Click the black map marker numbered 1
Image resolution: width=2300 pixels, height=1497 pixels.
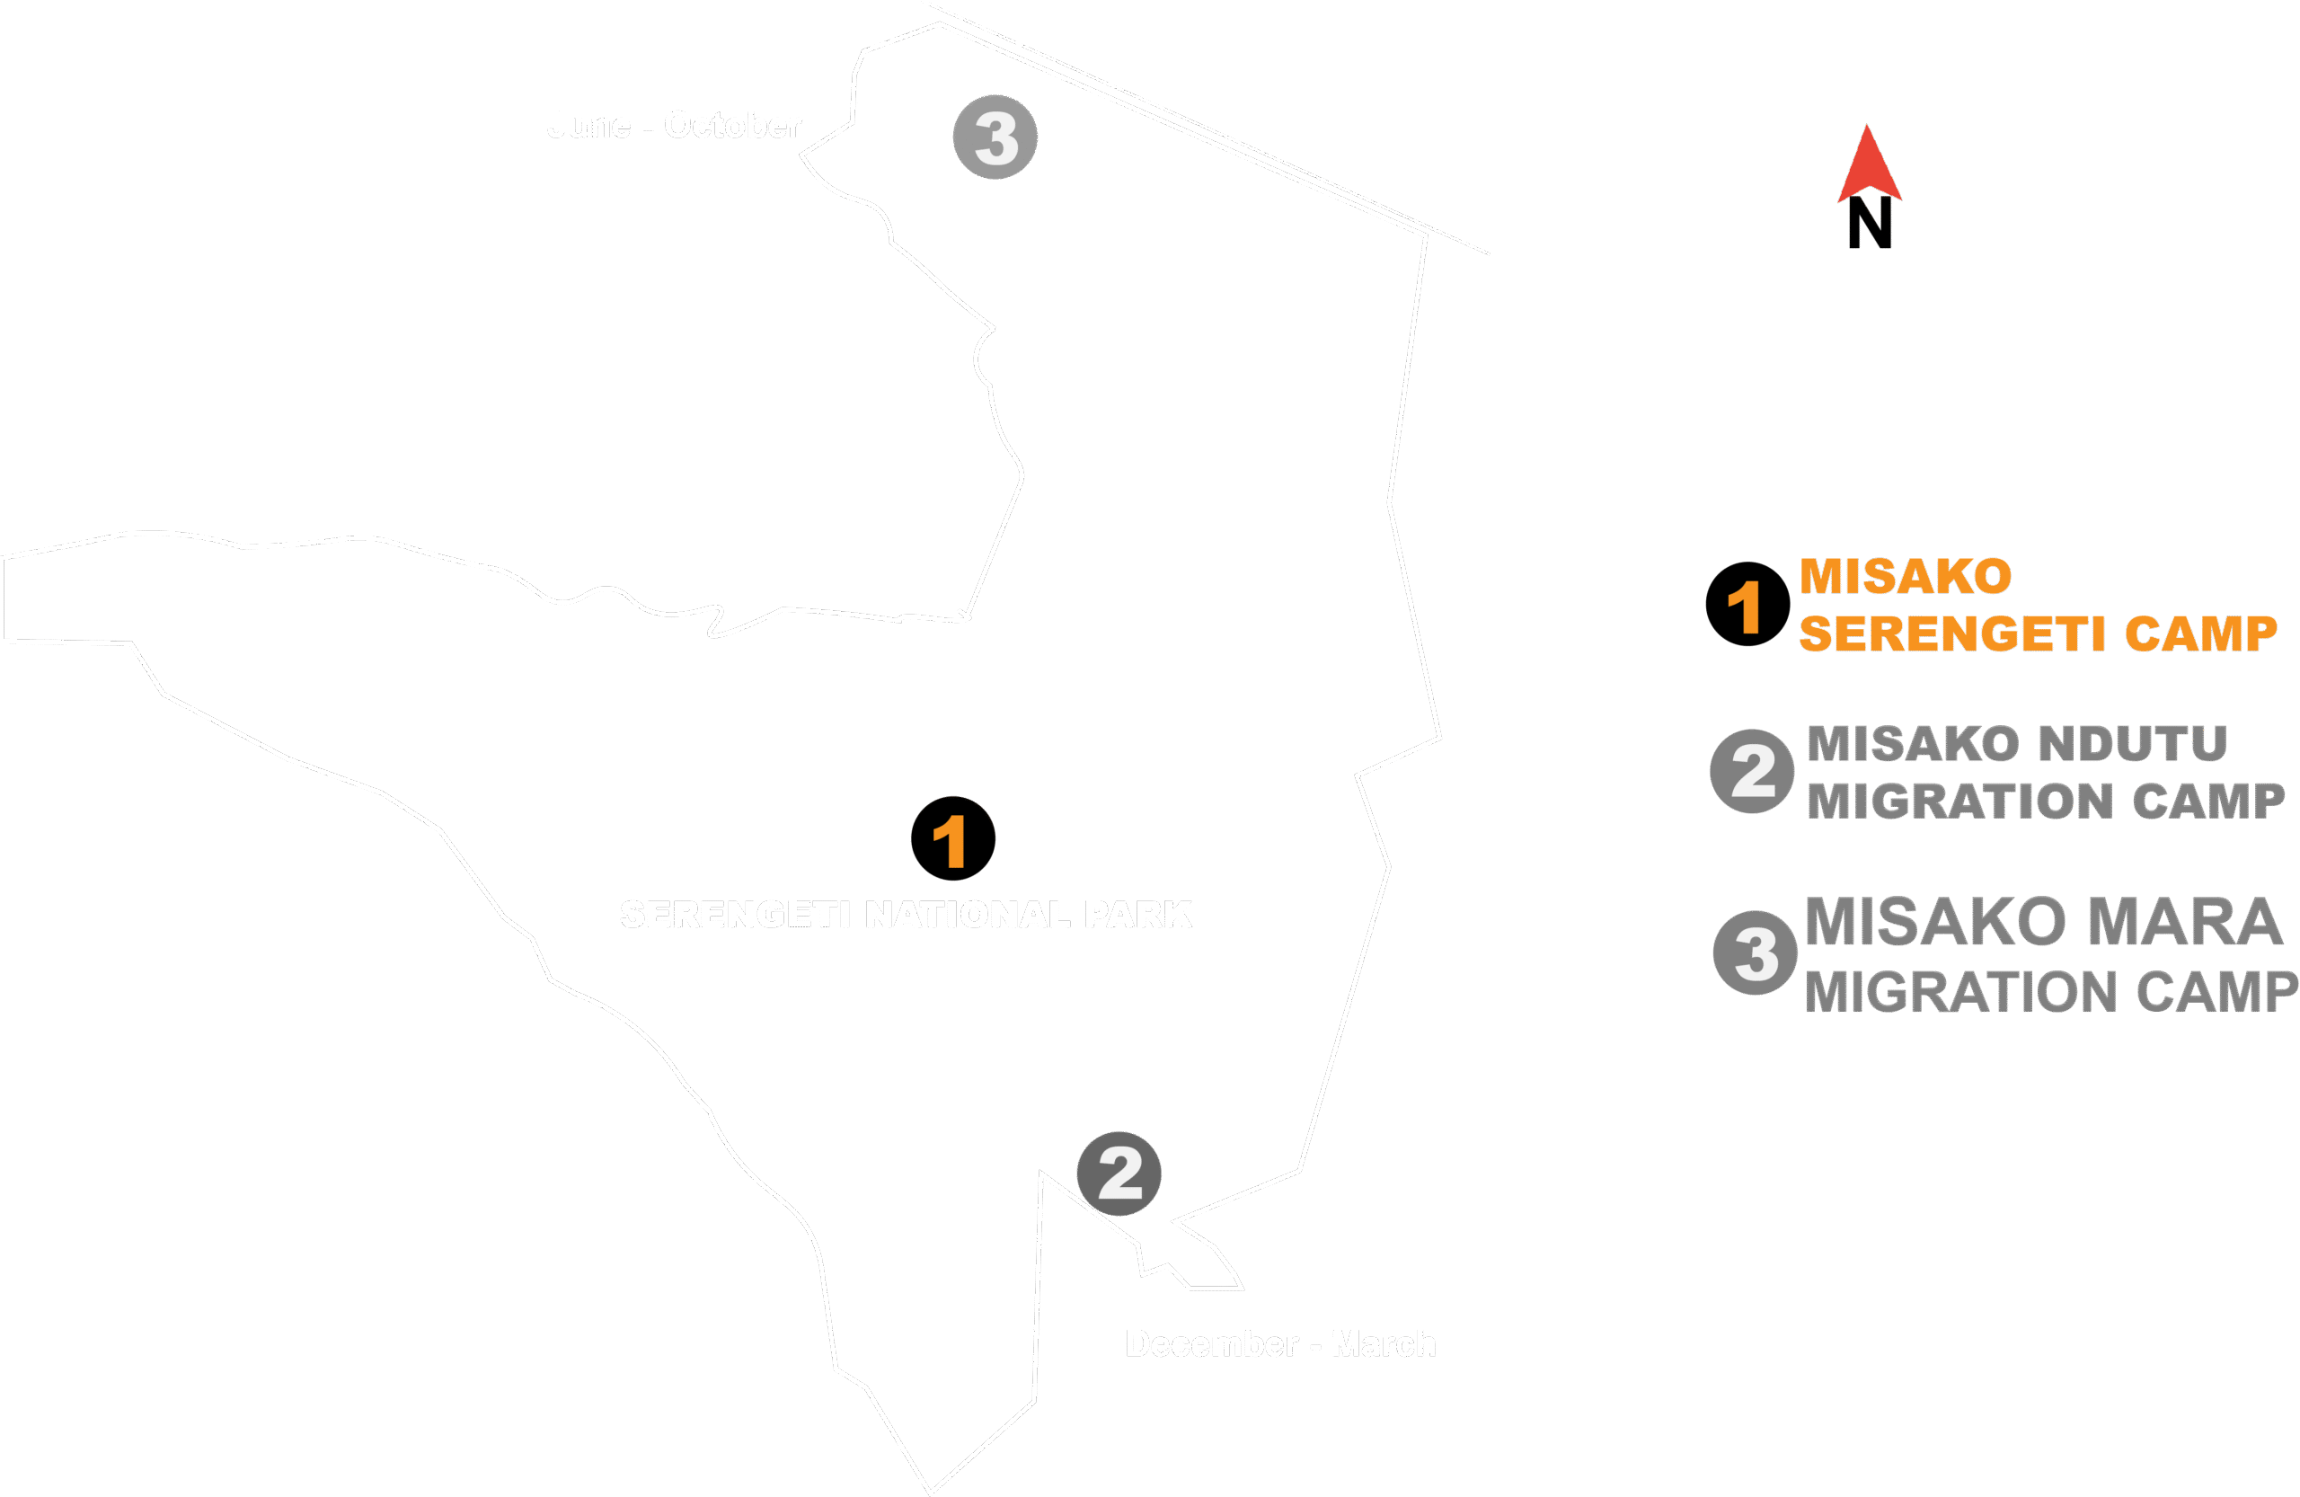click(x=953, y=837)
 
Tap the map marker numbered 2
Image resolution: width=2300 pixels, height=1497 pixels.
click(x=1119, y=1174)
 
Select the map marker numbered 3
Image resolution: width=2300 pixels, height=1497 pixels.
click(x=995, y=137)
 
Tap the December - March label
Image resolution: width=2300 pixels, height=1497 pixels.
click(x=1280, y=1344)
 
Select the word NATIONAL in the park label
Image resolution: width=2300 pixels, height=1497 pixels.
click(x=968, y=914)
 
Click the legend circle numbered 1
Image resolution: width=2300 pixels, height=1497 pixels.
click(x=1747, y=604)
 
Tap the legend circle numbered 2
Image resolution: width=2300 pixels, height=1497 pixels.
click(x=1752, y=771)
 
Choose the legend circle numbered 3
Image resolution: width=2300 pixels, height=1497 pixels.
click(x=1755, y=952)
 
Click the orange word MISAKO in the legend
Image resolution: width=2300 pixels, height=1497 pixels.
click(x=1906, y=577)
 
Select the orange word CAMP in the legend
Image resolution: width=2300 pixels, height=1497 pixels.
click(x=2199, y=635)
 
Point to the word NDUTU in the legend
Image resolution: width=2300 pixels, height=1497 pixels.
click(x=2133, y=744)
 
